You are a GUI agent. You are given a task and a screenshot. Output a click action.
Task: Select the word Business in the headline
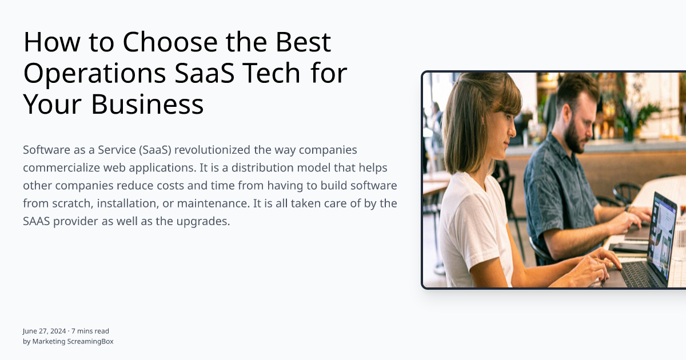pyautogui.click(x=147, y=105)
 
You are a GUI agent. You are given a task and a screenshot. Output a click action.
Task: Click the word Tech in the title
pyautogui.click(x=272, y=74)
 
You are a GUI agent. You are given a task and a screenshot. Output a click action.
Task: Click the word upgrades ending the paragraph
pyautogui.click(x=204, y=222)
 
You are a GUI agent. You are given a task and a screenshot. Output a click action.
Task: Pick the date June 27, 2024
pyautogui.click(x=44, y=331)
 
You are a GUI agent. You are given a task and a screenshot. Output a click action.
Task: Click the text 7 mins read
pyautogui.click(x=90, y=331)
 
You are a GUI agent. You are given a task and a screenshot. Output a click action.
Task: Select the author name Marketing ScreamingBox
pyautogui.click(x=73, y=341)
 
